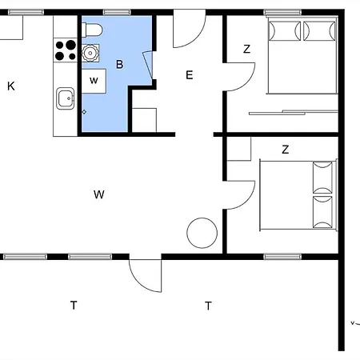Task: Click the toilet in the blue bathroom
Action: point(92,30)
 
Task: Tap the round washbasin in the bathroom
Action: point(90,53)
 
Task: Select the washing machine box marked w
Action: point(94,81)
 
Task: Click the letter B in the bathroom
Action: point(120,64)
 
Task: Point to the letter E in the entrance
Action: point(190,75)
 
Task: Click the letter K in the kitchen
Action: point(11,86)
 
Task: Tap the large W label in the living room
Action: point(99,194)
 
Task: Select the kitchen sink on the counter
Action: point(66,98)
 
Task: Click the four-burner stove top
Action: point(66,50)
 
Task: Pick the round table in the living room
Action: point(202,233)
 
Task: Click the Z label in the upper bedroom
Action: point(247,49)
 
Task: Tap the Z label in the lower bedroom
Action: point(286,150)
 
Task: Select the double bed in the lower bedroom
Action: point(298,195)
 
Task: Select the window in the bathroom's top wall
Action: point(117,12)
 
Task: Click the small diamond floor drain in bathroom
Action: point(84,112)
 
